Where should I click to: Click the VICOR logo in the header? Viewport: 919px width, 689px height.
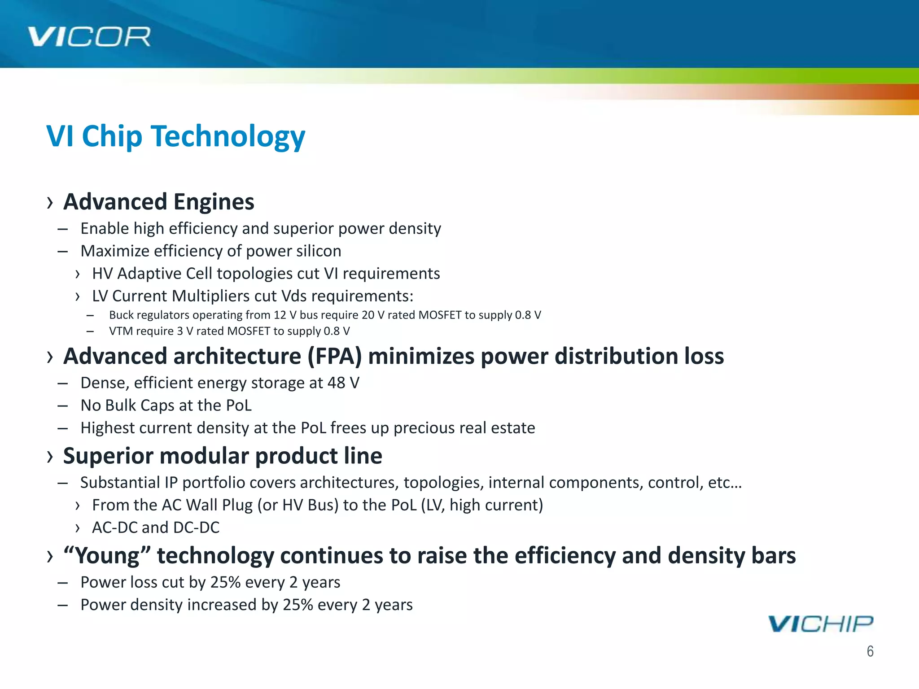pos(89,37)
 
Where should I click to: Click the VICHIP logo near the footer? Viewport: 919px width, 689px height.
pos(820,624)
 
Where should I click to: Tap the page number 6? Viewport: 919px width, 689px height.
pos(870,651)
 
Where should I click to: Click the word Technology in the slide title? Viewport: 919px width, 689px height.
pos(229,136)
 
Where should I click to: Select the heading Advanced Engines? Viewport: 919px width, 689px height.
pos(159,202)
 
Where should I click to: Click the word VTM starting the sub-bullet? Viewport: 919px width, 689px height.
pos(121,331)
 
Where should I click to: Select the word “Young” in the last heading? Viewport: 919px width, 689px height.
pos(107,555)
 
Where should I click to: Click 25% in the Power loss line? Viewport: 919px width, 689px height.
pos(226,582)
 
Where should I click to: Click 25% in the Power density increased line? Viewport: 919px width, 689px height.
pos(298,605)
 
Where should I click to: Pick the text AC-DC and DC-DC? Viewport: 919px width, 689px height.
pos(156,528)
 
